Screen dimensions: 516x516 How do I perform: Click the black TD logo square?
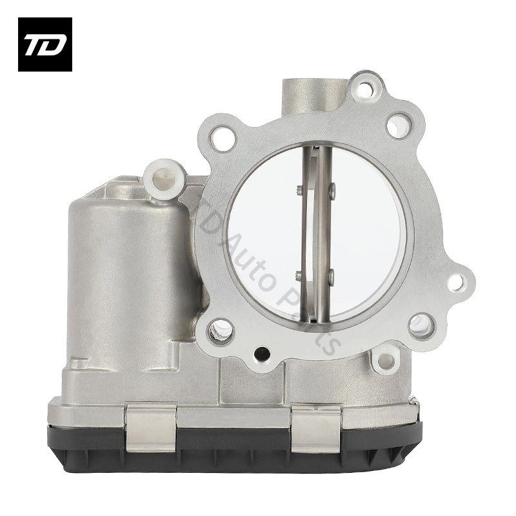(x=45, y=45)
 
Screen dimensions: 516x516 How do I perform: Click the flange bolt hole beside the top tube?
(x=365, y=88)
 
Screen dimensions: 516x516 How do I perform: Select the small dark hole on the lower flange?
(x=263, y=353)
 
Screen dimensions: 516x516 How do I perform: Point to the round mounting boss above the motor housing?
(x=164, y=177)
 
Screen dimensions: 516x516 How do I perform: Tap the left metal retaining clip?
(x=152, y=428)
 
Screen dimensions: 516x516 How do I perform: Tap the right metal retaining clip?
(x=316, y=429)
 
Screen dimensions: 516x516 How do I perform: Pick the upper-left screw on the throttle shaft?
(x=299, y=189)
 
